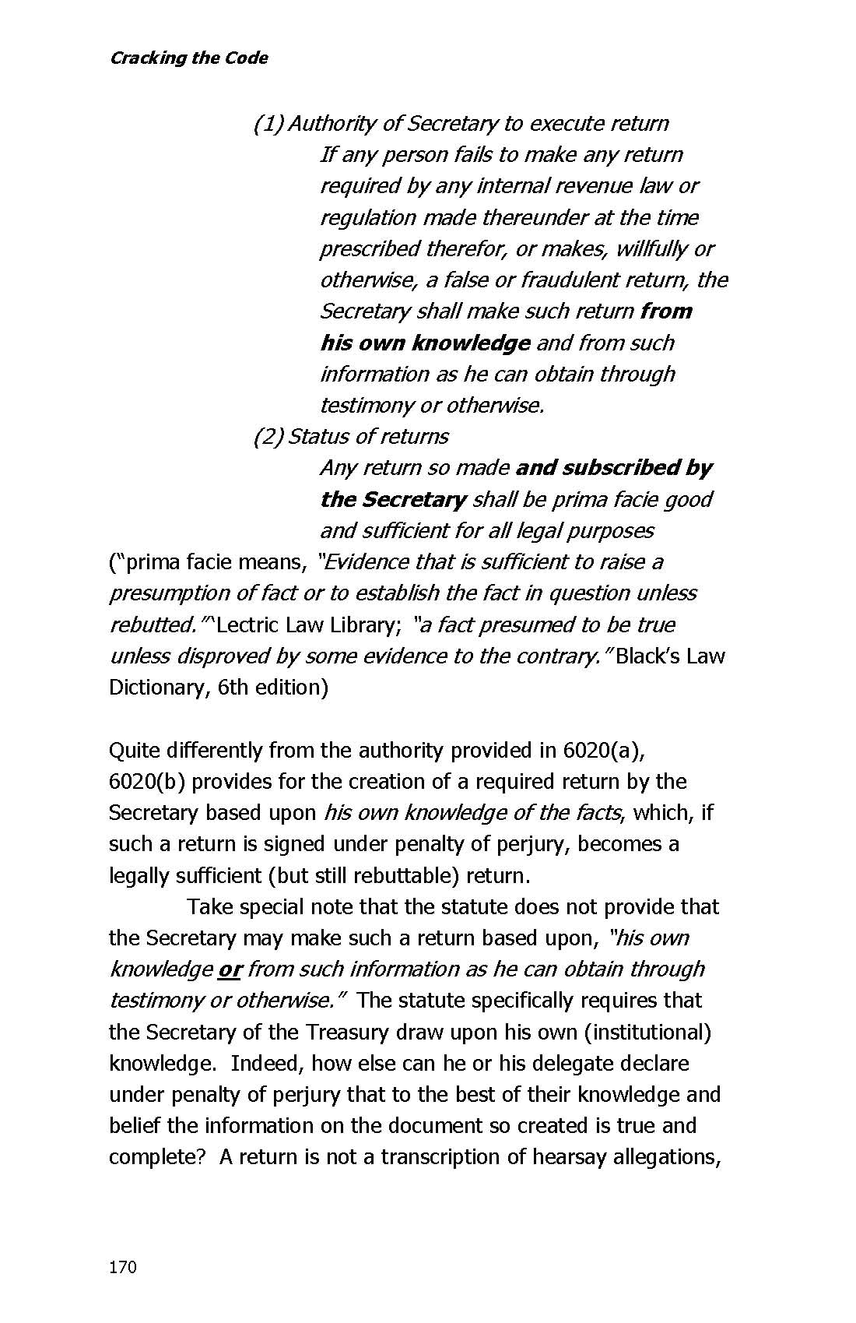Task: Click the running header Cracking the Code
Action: [x=188, y=58]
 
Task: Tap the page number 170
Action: [x=122, y=1267]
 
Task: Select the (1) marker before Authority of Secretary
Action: [x=268, y=124]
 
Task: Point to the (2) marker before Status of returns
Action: [x=268, y=436]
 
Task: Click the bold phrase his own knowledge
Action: [x=425, y=343]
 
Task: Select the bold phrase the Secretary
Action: [x=393, y=499]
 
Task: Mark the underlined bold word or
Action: [x=230, y=969]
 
